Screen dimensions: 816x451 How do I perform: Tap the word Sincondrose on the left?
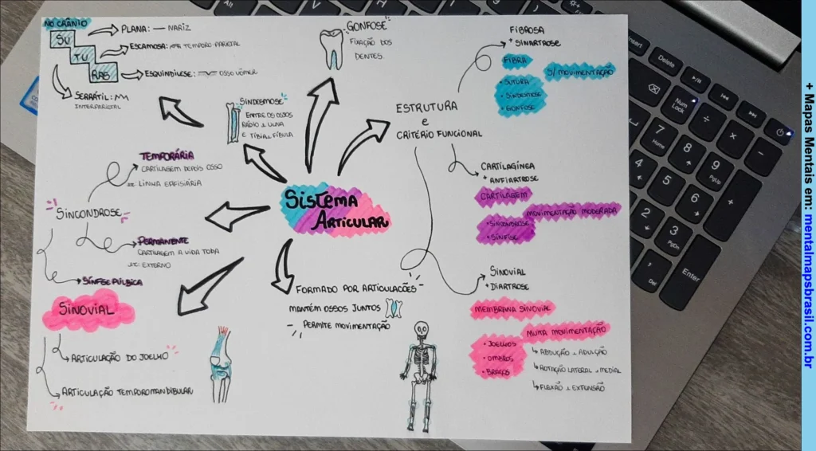click(88, 213)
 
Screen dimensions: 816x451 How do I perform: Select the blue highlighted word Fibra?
click(514, 61)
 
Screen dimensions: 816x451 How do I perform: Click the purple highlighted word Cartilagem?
click(504, 194)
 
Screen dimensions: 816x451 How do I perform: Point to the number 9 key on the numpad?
click(715, 167)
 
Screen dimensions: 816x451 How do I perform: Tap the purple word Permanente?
click(163, 240)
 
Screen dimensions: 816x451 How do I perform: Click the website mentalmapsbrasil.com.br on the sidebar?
click(808, 295)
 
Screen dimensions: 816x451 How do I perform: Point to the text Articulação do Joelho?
click(120, 356)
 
